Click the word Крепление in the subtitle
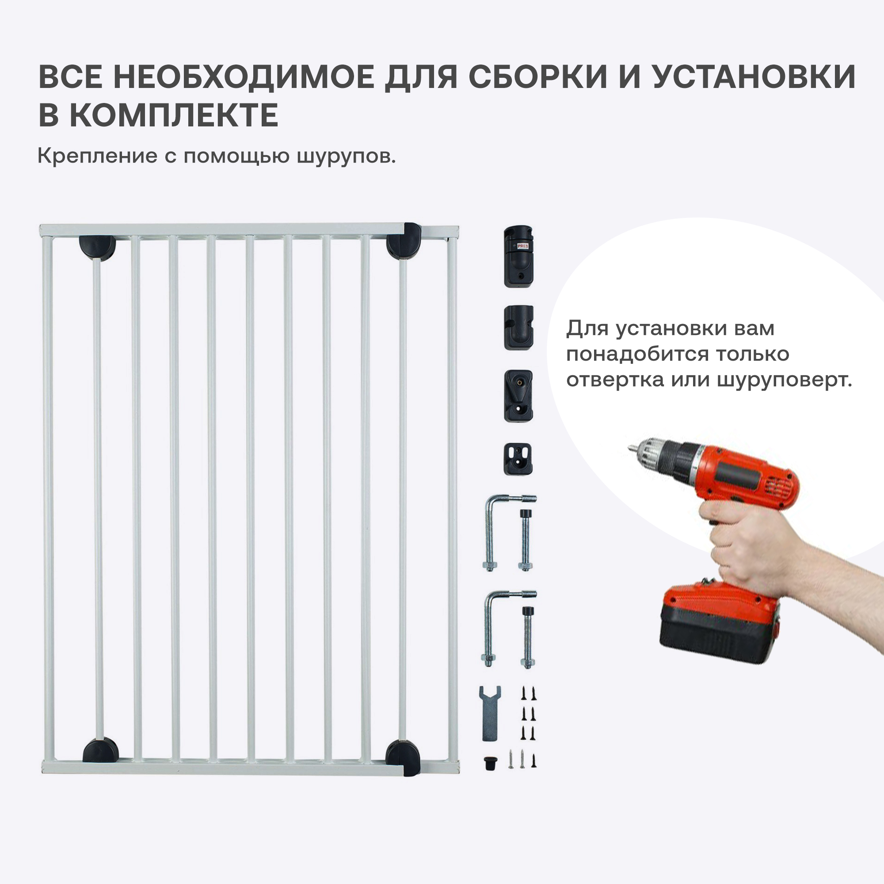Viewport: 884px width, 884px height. coord(97,156)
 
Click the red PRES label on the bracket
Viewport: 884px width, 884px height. coord(523,246)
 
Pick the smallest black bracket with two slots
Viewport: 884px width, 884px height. coord(518,459)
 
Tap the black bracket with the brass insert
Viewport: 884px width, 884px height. coord(518,396)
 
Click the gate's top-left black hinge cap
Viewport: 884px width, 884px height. coord(97,248)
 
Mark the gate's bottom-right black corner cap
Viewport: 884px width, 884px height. coord(403,758)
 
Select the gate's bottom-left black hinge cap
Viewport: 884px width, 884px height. coord(100,751)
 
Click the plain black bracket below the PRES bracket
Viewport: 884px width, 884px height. coord(519,328)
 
